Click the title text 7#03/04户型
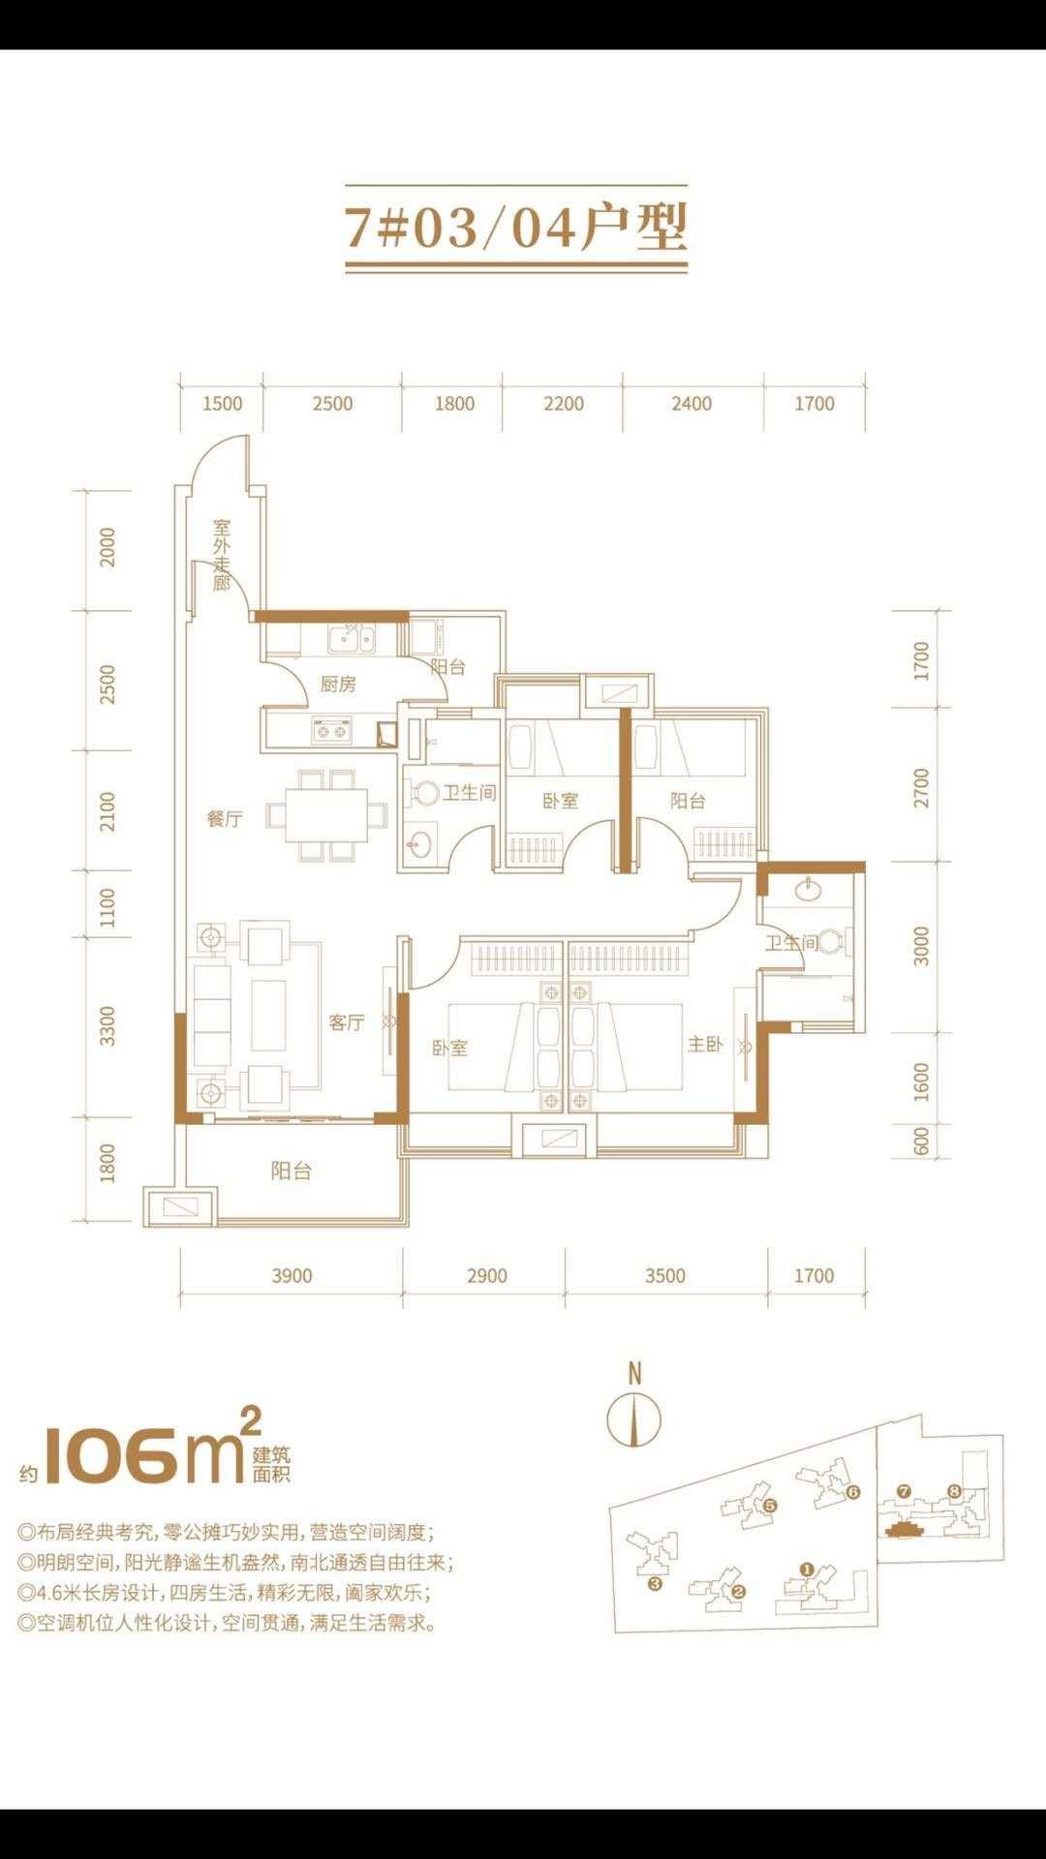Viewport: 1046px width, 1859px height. click(516, 229)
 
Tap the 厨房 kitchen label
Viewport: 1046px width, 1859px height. click(338, 685)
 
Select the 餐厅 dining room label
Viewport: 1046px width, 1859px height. click(225, 819)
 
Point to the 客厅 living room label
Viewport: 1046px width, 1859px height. click(346, 1022)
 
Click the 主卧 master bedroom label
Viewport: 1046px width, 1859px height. click(705, 1044)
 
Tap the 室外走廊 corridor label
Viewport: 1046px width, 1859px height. click(222, 556)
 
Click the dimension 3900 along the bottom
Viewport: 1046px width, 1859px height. click(292, 1275)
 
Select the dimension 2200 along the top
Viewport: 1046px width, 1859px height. click(564, 404)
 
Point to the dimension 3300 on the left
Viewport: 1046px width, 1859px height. click(108, 1026)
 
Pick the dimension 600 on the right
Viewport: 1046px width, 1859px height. click(921, 1141)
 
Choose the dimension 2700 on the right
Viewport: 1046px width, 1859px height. click(921, 788)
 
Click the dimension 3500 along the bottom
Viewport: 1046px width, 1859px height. click(665, 1275)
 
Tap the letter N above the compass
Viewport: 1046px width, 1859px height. click(634, 1373)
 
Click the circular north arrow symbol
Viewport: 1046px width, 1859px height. click(634, 1420)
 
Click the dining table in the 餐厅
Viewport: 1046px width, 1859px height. click(319, 815)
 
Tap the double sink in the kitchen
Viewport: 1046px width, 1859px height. click(353, 640)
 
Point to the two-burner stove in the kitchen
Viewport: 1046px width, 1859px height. click(331, 731)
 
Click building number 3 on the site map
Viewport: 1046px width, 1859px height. click(655, 1584)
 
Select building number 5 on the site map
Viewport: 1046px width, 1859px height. click(771, 1506)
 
